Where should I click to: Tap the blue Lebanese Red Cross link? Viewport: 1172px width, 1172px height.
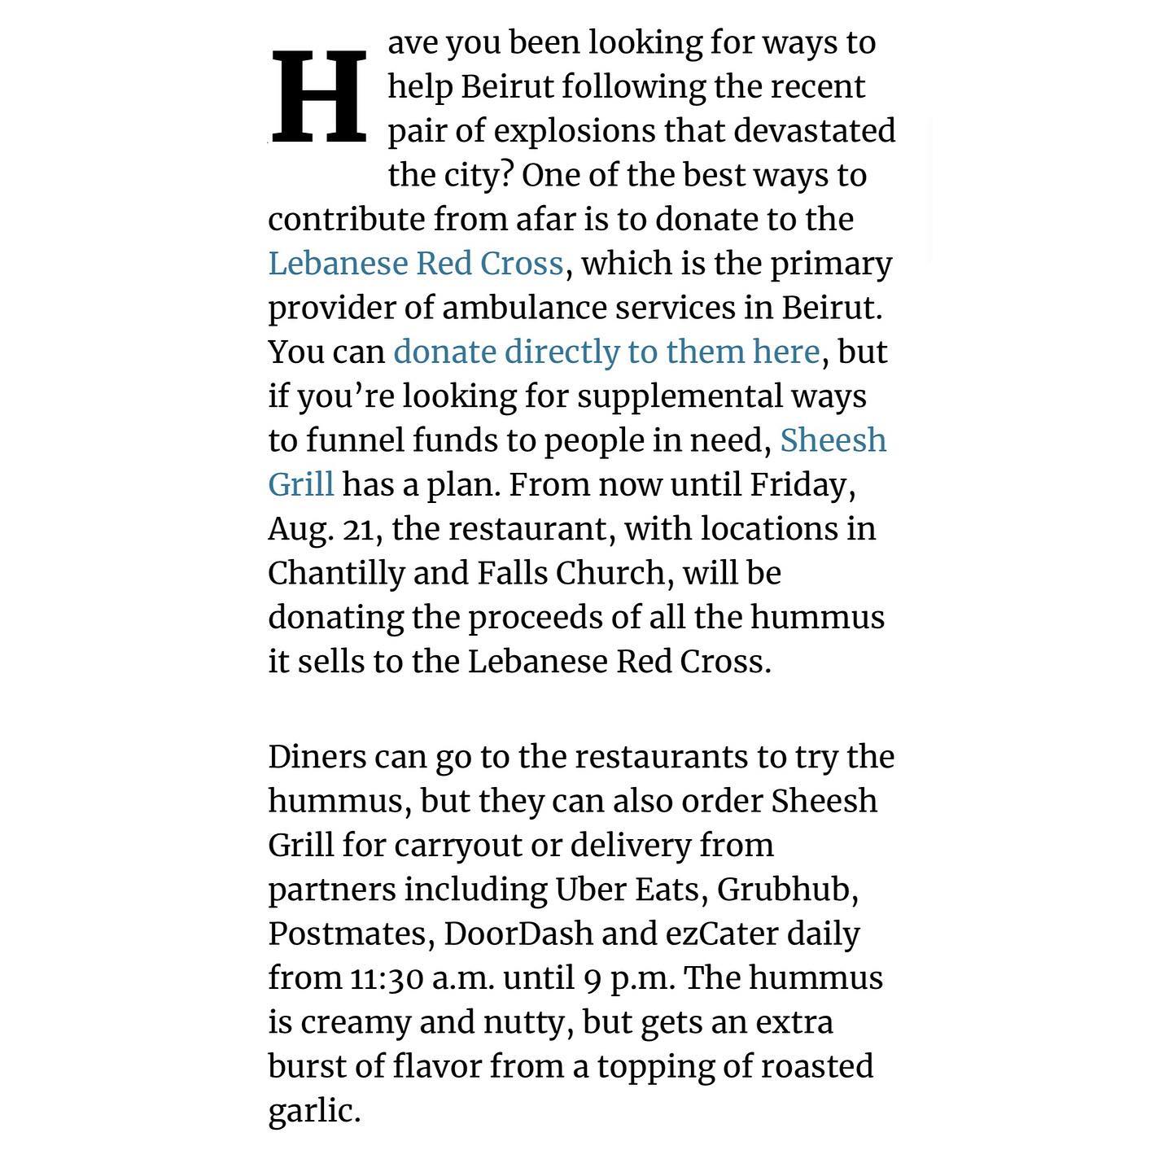tap(415, 264)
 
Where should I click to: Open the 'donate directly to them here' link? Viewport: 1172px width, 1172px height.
tap(606, 352)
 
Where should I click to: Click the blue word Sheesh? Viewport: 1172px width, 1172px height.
tap(833, 440)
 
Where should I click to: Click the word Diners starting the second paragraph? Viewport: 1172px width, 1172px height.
tap(317, 757)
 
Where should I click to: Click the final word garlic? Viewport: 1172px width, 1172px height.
tap(313, 1111)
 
